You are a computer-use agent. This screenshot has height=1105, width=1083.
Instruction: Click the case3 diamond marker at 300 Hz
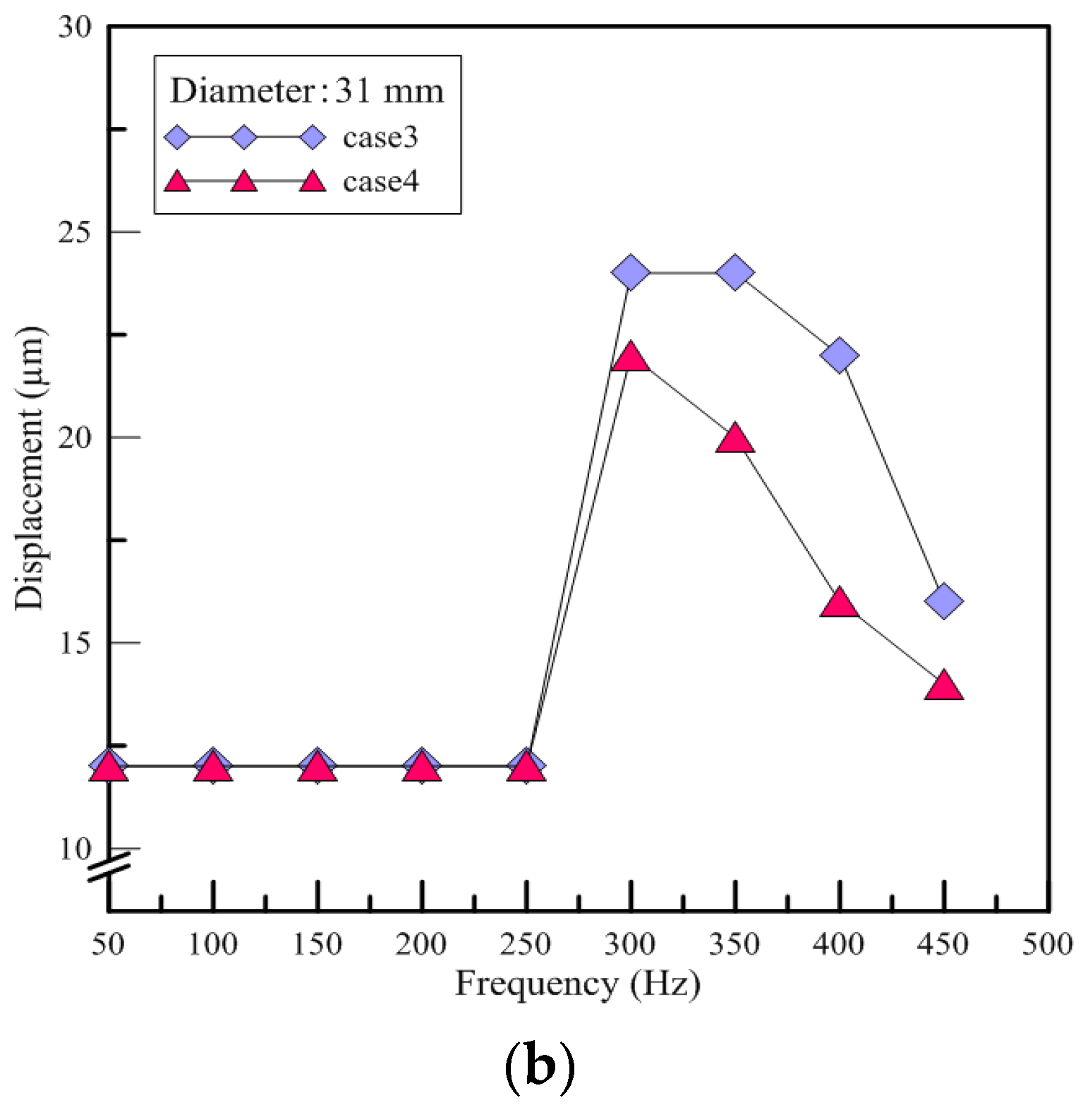[631, 272]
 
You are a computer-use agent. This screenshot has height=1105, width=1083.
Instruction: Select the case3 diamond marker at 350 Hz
[735, 272]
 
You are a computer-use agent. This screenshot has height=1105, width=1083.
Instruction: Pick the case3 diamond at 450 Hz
[944, 601]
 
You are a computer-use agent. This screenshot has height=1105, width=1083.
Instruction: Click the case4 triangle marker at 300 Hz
[631, 358]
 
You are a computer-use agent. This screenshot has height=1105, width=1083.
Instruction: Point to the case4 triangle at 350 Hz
[735, 440]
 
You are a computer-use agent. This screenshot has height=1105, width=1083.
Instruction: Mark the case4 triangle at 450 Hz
[944, 686]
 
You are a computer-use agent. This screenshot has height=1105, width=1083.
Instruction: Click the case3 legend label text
[380, 138]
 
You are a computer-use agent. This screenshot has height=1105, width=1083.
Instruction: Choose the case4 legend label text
[381, 182]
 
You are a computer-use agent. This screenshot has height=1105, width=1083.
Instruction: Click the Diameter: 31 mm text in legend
[307, 91]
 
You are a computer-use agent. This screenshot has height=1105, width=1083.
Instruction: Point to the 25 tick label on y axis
[75, 232]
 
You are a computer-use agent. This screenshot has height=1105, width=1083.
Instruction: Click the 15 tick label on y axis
[75, 643]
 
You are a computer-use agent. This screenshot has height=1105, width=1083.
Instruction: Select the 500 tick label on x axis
[1048, 944]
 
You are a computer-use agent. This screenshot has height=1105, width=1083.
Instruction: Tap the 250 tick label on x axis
[526, 944]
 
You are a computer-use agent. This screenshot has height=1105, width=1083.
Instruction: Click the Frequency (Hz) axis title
[577, 984]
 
